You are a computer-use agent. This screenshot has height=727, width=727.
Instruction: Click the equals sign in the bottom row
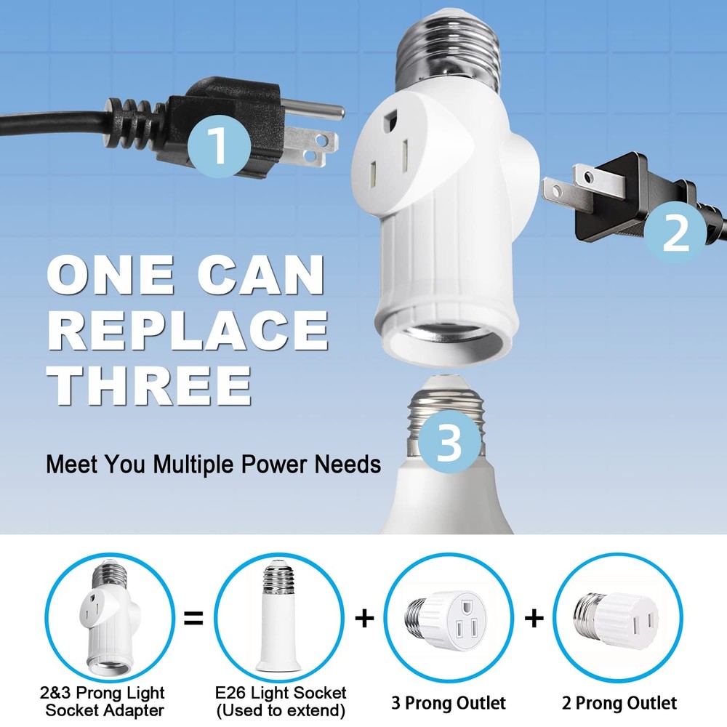[193, 619]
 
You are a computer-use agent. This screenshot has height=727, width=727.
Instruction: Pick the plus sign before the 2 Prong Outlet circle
[534, 619]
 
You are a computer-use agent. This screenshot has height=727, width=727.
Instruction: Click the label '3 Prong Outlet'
[449, 703]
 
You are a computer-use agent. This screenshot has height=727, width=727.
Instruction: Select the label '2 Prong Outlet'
[619, 703]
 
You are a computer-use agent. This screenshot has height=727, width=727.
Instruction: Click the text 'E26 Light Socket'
[279, 693]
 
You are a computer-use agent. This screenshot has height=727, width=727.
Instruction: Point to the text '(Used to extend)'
[279, 711]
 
